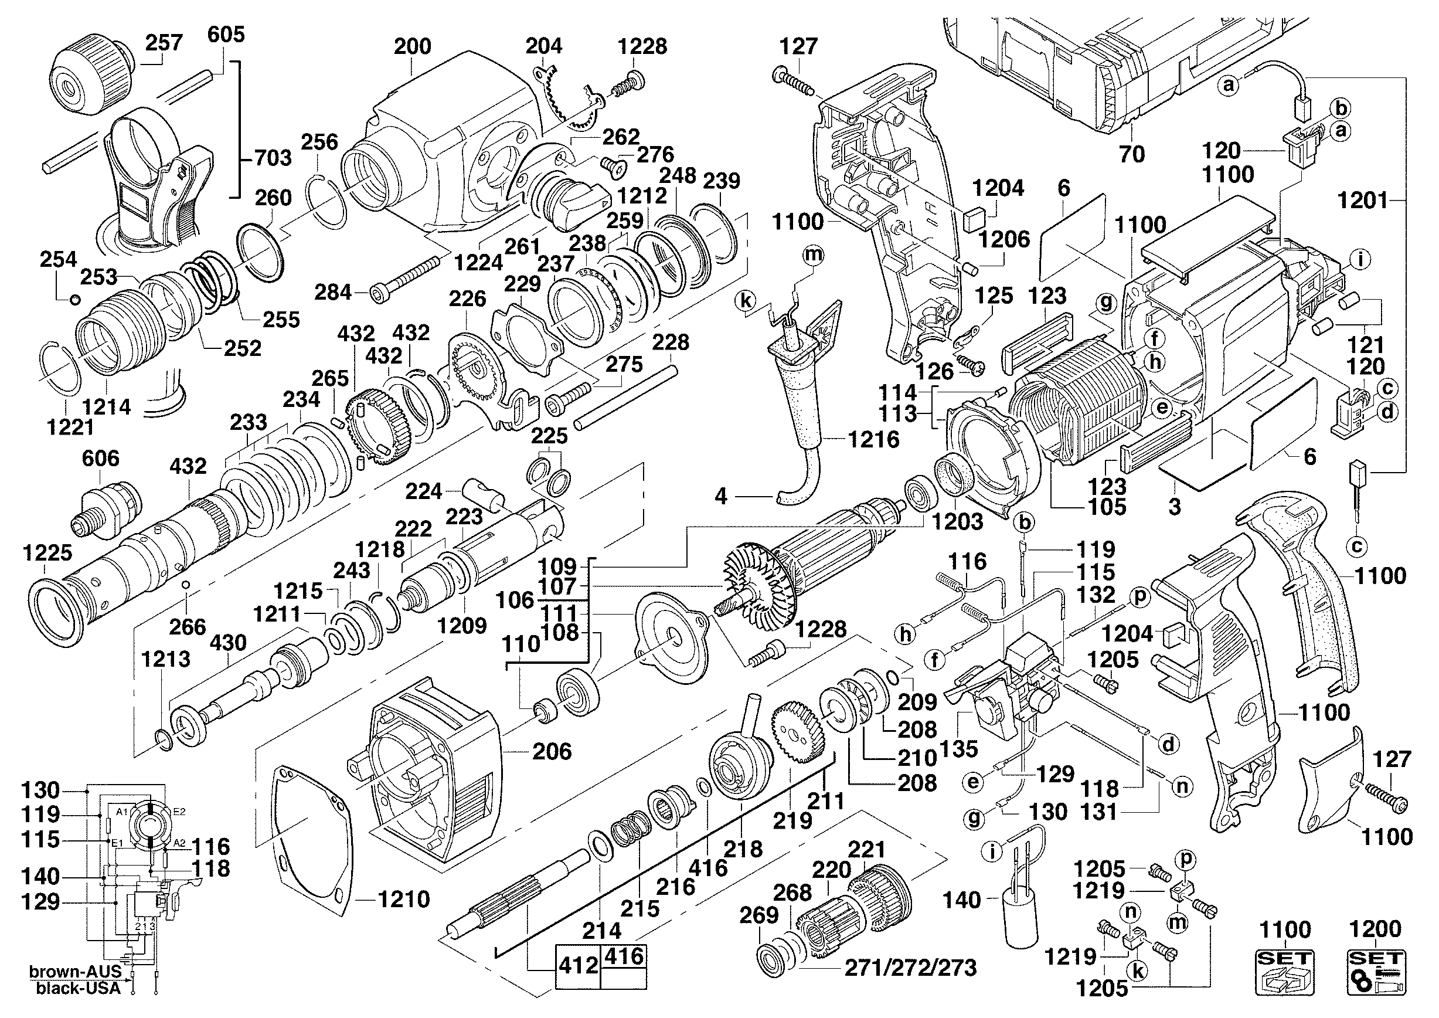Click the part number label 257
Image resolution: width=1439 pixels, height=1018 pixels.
164,43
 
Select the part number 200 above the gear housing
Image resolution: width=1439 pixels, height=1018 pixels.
413,46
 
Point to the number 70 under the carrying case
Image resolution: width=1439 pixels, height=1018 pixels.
1132,154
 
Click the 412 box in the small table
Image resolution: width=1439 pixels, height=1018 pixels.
578,965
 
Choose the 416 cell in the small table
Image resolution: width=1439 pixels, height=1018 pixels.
624,956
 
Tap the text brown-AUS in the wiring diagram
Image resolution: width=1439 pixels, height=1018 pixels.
75,972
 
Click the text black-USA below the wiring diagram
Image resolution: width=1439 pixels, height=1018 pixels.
78,989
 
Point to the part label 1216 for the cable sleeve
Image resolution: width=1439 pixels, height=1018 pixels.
874,439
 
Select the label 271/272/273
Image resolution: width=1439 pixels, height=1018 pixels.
911,968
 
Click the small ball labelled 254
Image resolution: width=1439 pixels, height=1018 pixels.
74,299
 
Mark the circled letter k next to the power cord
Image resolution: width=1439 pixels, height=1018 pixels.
746,301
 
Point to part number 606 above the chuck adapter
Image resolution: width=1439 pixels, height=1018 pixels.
100,458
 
